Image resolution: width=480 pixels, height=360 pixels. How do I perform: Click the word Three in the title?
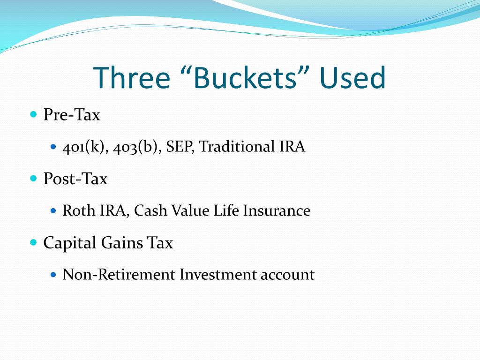[132, 78]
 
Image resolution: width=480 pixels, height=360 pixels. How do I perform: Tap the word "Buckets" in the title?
[247, 78]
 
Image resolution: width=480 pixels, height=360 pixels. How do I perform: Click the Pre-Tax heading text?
[72, 115]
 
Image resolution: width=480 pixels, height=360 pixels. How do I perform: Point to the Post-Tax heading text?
[75, 179]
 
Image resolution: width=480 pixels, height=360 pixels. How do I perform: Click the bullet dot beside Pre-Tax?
[33, 114]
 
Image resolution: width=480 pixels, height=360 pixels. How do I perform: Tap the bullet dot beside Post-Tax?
[33, 179]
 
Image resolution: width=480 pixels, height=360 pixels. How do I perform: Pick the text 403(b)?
[137, 147]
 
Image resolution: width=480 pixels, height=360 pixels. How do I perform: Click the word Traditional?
[235, 147]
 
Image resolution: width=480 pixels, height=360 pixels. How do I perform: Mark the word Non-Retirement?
[119, 275]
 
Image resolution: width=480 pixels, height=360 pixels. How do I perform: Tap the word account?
[287, 275]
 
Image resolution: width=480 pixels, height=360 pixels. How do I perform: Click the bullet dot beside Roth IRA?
[53, 211]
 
